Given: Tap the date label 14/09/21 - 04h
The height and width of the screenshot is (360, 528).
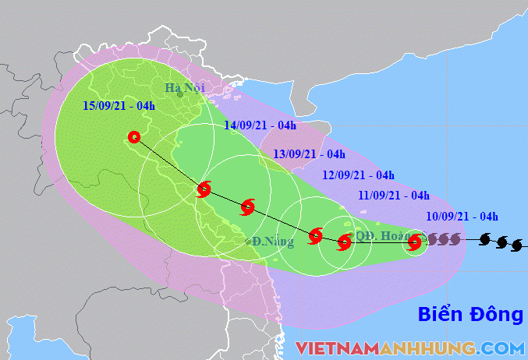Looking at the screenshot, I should pyautogui.click(x=260, y=125).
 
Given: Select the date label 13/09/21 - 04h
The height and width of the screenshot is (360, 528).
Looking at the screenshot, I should pyautogui.click(x=309, y=154).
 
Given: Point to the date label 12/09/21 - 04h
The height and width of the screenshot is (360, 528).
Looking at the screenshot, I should pyautogui.click(x=358, y=175).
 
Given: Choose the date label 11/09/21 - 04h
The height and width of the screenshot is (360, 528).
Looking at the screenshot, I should pyautogui.click(x=393, y=196).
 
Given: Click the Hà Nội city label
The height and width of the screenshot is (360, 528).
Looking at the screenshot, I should pyautogui.click(x=183, y=87).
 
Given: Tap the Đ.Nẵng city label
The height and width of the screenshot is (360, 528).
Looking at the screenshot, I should pyautogui.click(x=273, y=242).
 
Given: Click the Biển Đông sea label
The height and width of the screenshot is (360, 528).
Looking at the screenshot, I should pyautogui.click(x=470, y=315).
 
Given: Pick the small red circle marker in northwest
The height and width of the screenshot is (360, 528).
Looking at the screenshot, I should pyautogui.click(x=134, y=137).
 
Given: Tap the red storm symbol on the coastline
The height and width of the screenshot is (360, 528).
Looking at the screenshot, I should pyautogui.click(x=204, y=189).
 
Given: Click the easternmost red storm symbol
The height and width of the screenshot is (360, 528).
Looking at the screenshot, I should pyautogui.click(x=415, y=242).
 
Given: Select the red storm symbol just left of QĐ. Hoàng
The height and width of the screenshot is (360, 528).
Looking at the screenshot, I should pyautogui.click(x=344, y=243).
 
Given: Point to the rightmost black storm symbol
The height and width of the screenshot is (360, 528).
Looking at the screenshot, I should pyautogui.click(x=516, y=246).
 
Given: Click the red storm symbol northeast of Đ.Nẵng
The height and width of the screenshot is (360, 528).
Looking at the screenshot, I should pyautogui.click(x=315, y=235).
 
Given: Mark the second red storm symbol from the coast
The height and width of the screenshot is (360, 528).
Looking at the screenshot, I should pyautogui.click(x=248, y=206).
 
